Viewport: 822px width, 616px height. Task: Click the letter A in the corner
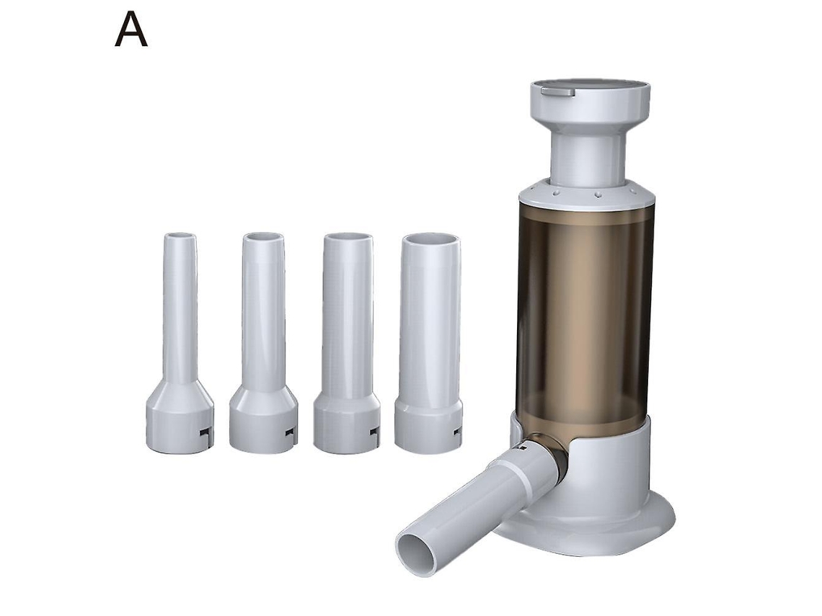pos(131,30)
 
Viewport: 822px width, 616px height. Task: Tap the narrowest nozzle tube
pos(180,343)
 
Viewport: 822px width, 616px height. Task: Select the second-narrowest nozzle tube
pos(263,343)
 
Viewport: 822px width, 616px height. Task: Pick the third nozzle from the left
pos(347,343)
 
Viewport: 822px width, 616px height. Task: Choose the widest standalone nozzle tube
pos(429,343)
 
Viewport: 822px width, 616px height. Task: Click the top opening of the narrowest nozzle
pos(180,236)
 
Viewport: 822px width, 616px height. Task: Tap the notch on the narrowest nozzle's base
pos(205,432)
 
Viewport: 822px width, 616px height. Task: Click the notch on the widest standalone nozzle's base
pos(458,431)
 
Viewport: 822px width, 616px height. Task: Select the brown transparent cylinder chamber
pos(585,314)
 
